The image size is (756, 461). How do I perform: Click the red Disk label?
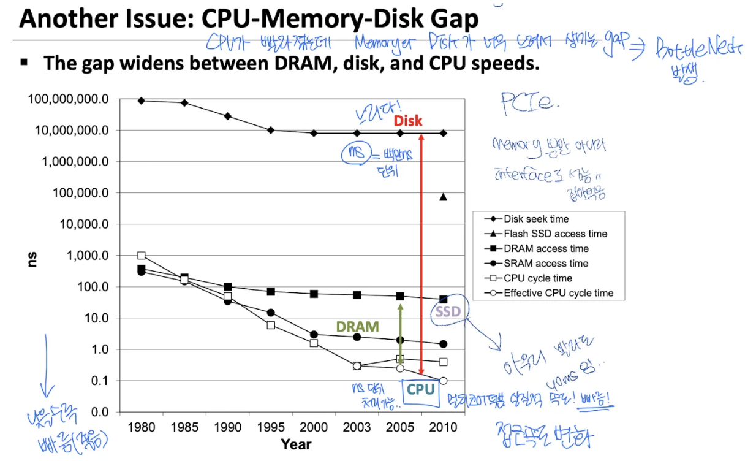coord(407,121)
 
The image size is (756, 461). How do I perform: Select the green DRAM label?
coord(357,327)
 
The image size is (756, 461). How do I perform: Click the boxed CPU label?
coord(420,389)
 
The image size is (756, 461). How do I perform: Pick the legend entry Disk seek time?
coord(536,219)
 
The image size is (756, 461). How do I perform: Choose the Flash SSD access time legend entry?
coord(555,234)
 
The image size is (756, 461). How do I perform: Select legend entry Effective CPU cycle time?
coord(558,293)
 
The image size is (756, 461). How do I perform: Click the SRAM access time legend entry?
coord(546,264)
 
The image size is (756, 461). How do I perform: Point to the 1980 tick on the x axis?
coord(141,427)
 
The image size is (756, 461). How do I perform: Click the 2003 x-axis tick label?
coord(357,427)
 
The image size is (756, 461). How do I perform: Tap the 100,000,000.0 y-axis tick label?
coord(68,99)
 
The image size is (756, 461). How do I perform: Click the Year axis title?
coord(296,444)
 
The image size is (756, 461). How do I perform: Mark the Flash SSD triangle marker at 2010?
coord(443,197)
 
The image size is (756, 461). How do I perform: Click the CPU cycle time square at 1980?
coord(142,256)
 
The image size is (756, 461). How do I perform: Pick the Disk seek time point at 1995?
coord(271,130)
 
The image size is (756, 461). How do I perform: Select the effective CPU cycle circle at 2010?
coord(443,381)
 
